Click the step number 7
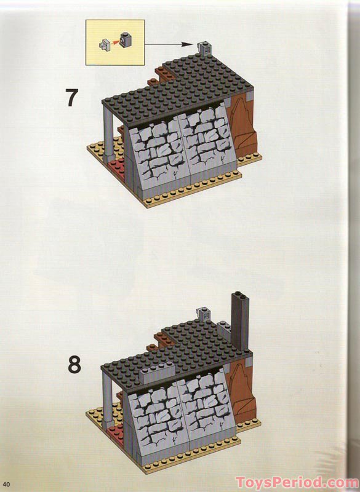coord(71,98)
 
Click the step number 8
coord(74,364)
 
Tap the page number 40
coord(7,484)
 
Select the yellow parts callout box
coord(115,42)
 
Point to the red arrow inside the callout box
coord(115,42)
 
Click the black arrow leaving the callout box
coord(168,44)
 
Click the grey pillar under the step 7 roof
coord(108,133)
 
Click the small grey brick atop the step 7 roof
coord(204,49)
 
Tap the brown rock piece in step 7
coord(244,127)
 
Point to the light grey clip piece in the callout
coord(105,46)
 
